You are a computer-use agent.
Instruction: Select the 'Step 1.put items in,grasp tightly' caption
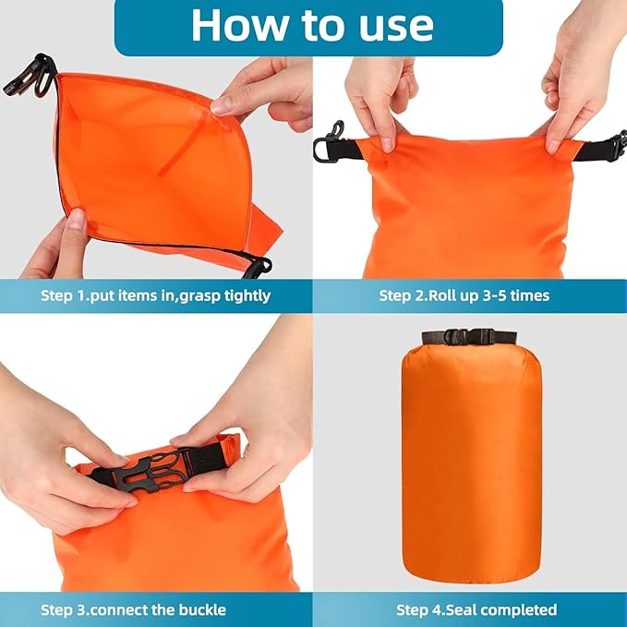[156, 295]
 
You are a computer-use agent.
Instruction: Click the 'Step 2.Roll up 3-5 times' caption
[464, 295]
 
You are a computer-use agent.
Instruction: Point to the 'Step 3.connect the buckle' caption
[133, 609]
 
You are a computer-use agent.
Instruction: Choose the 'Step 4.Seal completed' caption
[476, 609]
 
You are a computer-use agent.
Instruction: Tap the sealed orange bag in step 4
[471, 462]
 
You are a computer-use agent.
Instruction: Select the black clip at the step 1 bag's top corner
[30, 76]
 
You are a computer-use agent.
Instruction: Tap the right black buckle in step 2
[610, 146]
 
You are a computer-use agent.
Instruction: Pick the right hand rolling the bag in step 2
[573, 92]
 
